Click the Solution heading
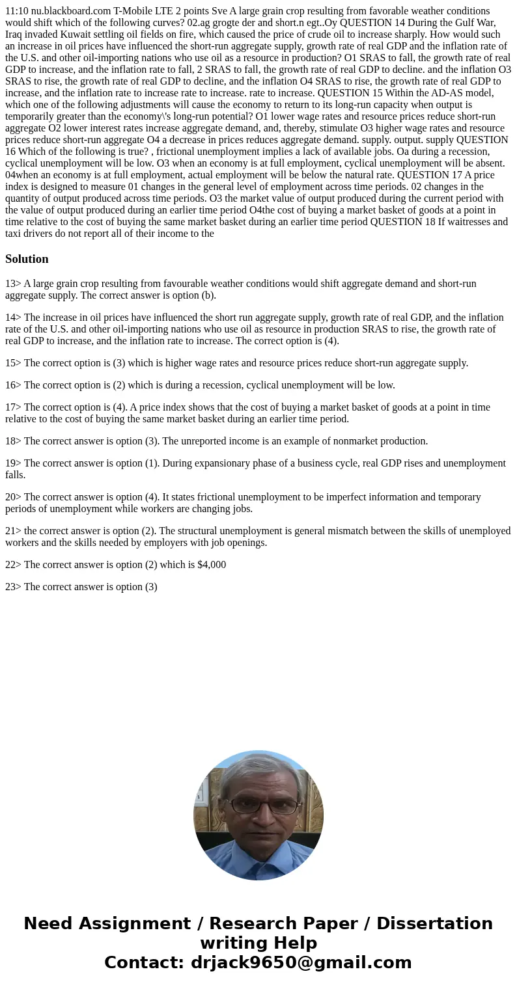(27, 259)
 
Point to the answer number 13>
(13, 284)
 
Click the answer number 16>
(13, 385)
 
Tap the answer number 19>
(13, 463)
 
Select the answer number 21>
(13, 531)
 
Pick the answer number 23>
(13, 587)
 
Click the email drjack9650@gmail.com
(301, 963)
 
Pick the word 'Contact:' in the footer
(145, 963)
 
